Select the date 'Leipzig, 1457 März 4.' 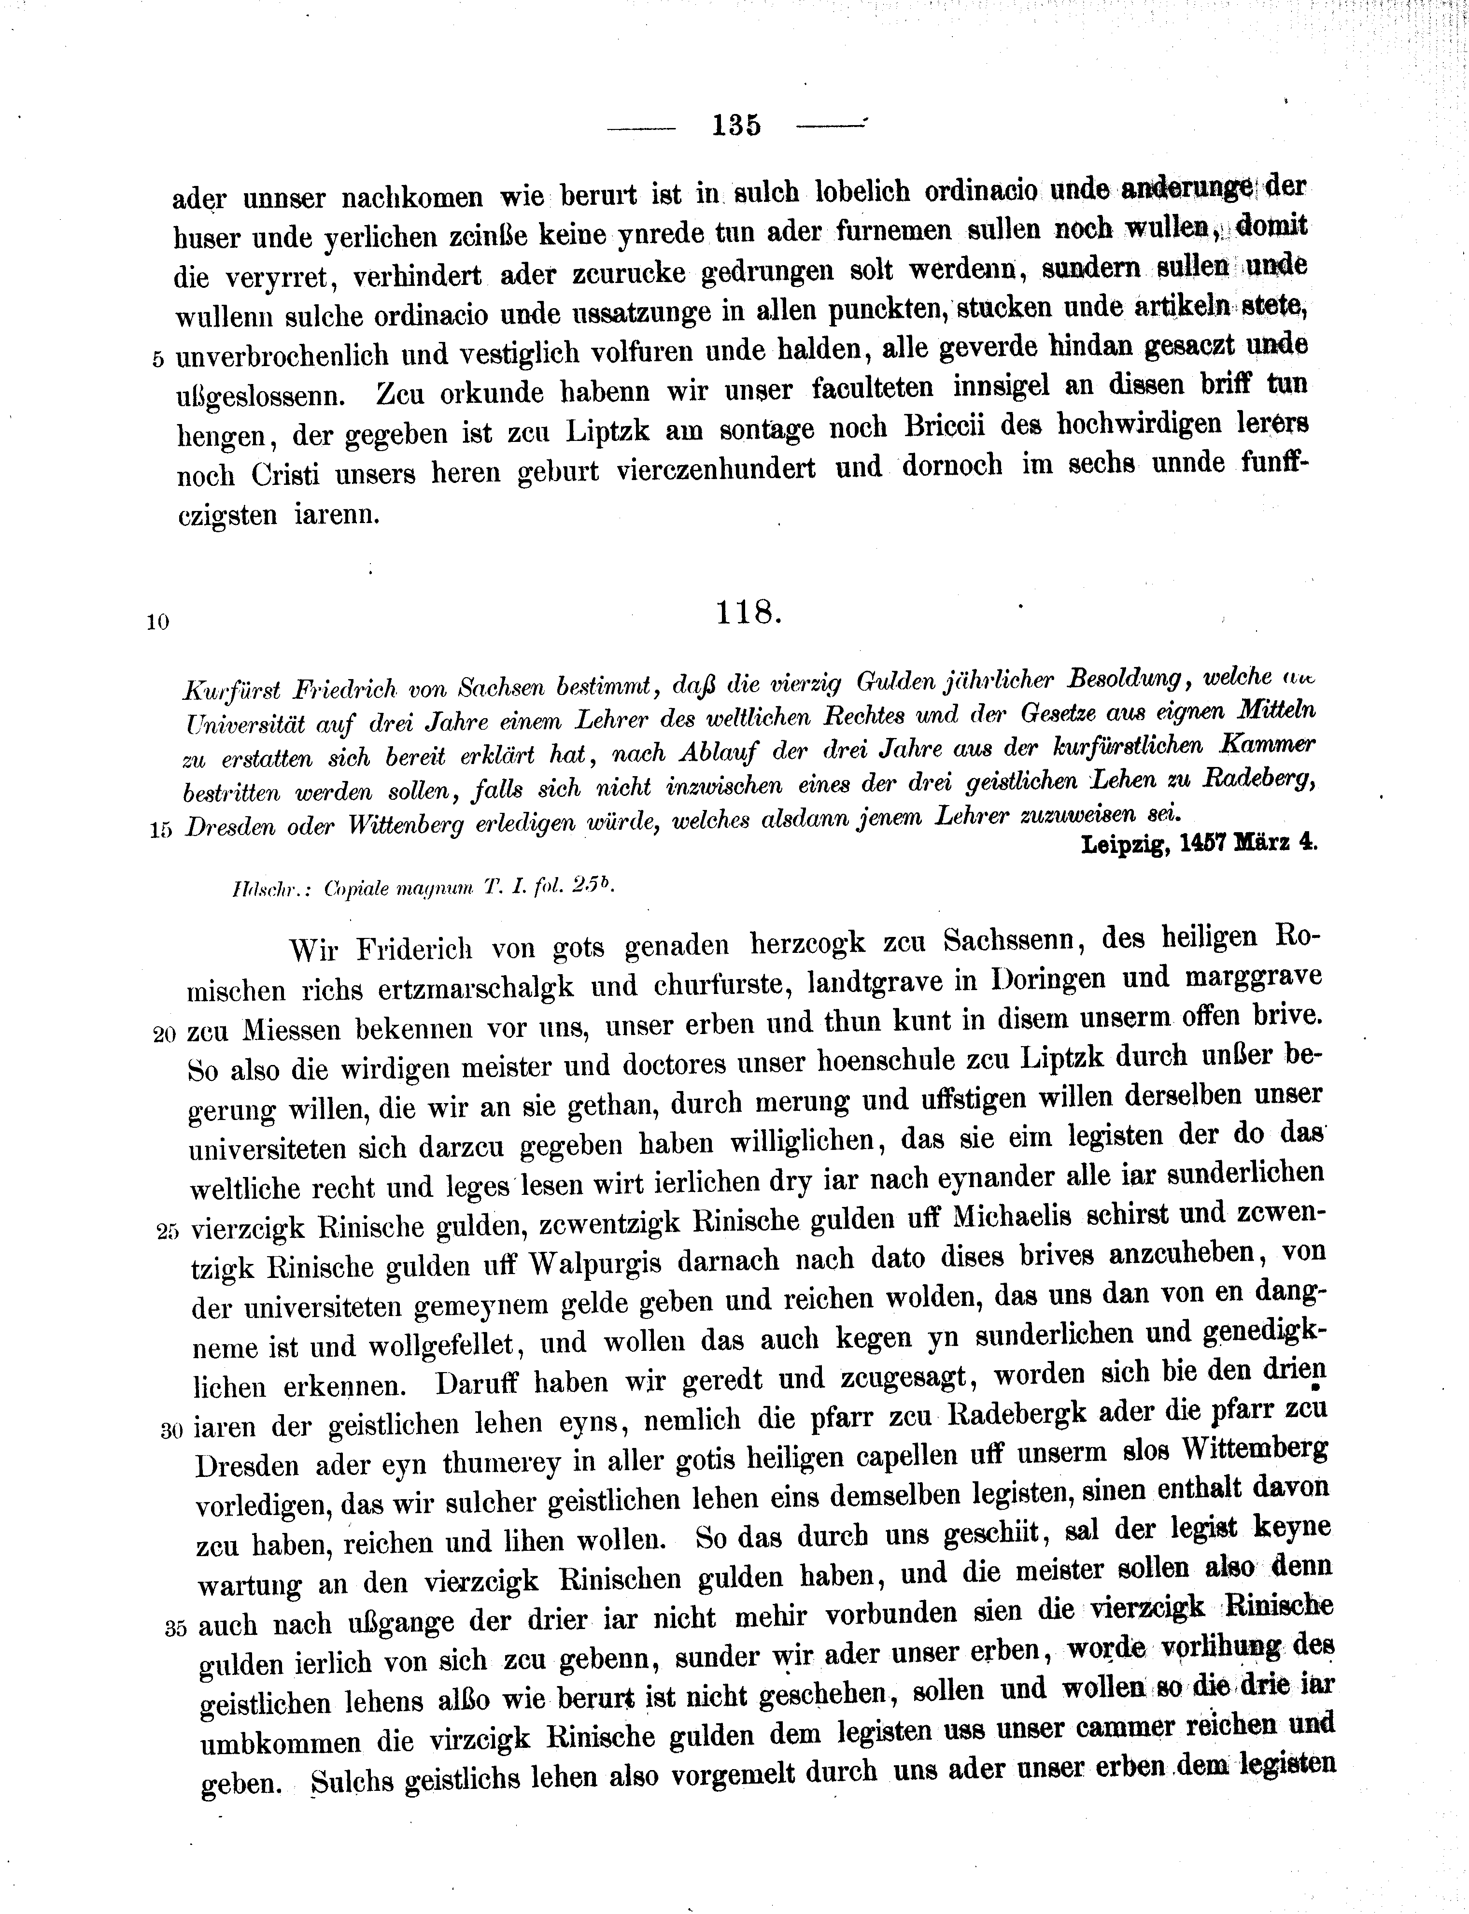[1199, 843]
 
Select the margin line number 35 [176, 1628]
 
